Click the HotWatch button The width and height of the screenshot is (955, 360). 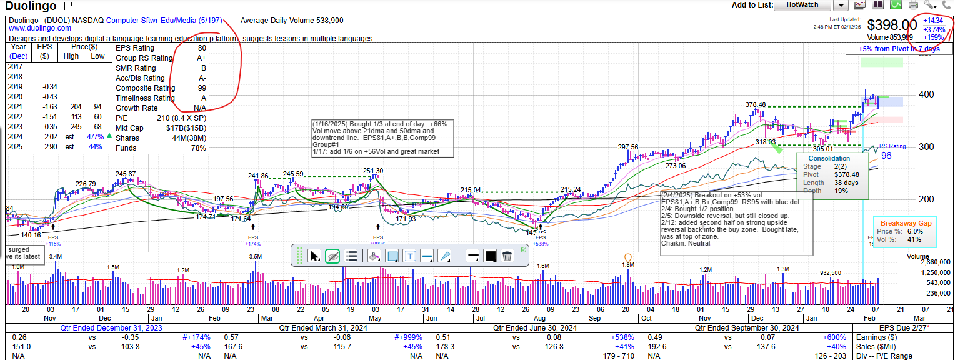point(802,5)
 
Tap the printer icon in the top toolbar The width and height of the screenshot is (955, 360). point(913,5)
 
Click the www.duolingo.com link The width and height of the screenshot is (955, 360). point(40,28)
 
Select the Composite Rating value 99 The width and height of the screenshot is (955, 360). point(201,88)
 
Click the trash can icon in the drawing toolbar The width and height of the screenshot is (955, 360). point(507,256)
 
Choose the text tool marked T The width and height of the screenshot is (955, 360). point(410,256)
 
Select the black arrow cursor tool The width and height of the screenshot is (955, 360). point(315,256)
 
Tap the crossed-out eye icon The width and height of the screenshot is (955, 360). point(332,256)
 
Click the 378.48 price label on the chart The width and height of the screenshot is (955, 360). point(756,104)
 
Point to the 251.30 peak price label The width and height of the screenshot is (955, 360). point(373,171)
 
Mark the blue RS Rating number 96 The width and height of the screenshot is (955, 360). point(886,156)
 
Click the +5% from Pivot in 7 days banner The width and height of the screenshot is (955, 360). point(899,49)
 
